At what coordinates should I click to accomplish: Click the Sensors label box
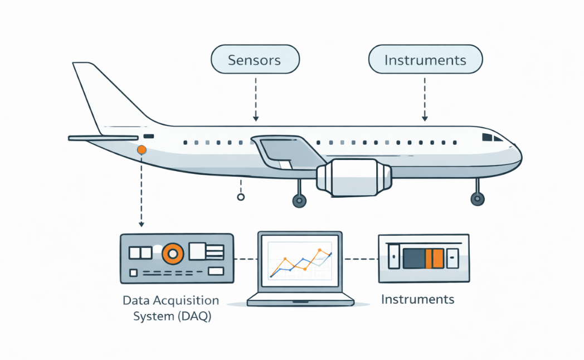tap(255, 60)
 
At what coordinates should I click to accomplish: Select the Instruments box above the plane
tap(425, 60)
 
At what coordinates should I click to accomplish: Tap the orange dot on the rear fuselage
tap(142, 149)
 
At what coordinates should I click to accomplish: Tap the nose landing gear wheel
tap(477, 198)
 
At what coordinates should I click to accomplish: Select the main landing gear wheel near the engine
tap(299, 201)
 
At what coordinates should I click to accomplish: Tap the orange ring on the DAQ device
tap(173, 254)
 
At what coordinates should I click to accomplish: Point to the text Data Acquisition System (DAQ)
tap(171, 309)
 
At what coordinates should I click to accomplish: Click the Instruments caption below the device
tap(417, 299)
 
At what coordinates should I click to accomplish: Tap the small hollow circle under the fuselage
tap(241, 197)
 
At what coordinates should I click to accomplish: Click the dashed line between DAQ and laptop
tap(245, 259)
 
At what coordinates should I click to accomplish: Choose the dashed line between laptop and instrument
tap(360, 259)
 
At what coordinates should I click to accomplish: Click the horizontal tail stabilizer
tap(103, 138)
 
